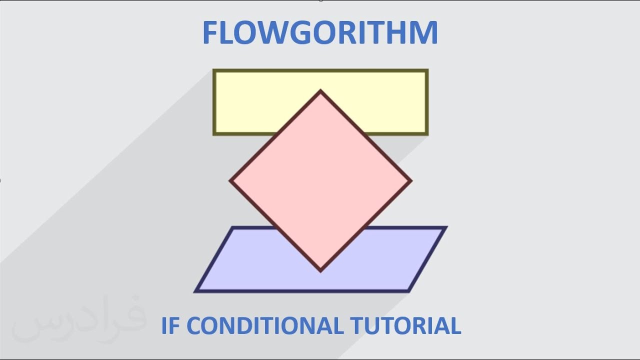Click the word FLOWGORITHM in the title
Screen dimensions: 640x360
coord(320,33)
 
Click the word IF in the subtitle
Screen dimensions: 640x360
coord(169,326)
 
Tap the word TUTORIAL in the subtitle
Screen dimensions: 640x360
coord(404,326)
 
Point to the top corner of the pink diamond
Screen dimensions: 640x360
coord(320,91)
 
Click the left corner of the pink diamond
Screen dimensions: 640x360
coord(230,181)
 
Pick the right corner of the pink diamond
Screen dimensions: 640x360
coord(411,181)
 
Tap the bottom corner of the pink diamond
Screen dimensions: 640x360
coord(320,271)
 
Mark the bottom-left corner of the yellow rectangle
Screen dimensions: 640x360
coord(214,134)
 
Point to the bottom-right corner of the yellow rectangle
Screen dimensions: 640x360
coord(427,134)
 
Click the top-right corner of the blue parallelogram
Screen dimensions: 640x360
coord(445,228)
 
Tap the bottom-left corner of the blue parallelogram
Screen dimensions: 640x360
coord(196,290)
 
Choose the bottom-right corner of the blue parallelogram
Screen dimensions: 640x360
coord(409,290)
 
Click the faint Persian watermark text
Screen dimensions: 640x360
coord(77,320)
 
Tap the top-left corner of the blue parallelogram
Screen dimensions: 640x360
coord(233,228)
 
